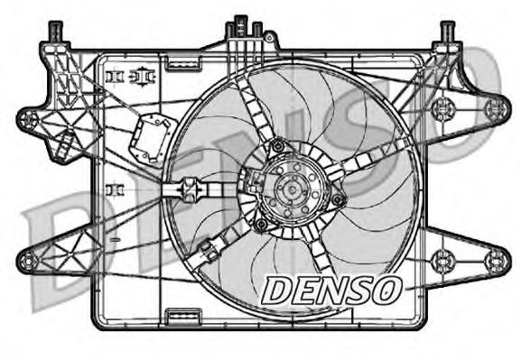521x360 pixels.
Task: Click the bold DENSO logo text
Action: tap(330, 288)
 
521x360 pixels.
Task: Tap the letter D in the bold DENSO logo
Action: tap(274, 289)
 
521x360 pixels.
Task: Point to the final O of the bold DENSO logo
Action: tap(387, 288)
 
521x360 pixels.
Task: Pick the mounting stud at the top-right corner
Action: tap(447, 32)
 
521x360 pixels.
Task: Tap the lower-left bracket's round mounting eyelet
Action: tap(28, 263)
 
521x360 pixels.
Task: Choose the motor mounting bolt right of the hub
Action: tap(338, 198)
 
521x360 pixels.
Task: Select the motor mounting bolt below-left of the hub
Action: tap(261, 223)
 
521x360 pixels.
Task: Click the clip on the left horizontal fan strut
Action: tap(190, 189)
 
